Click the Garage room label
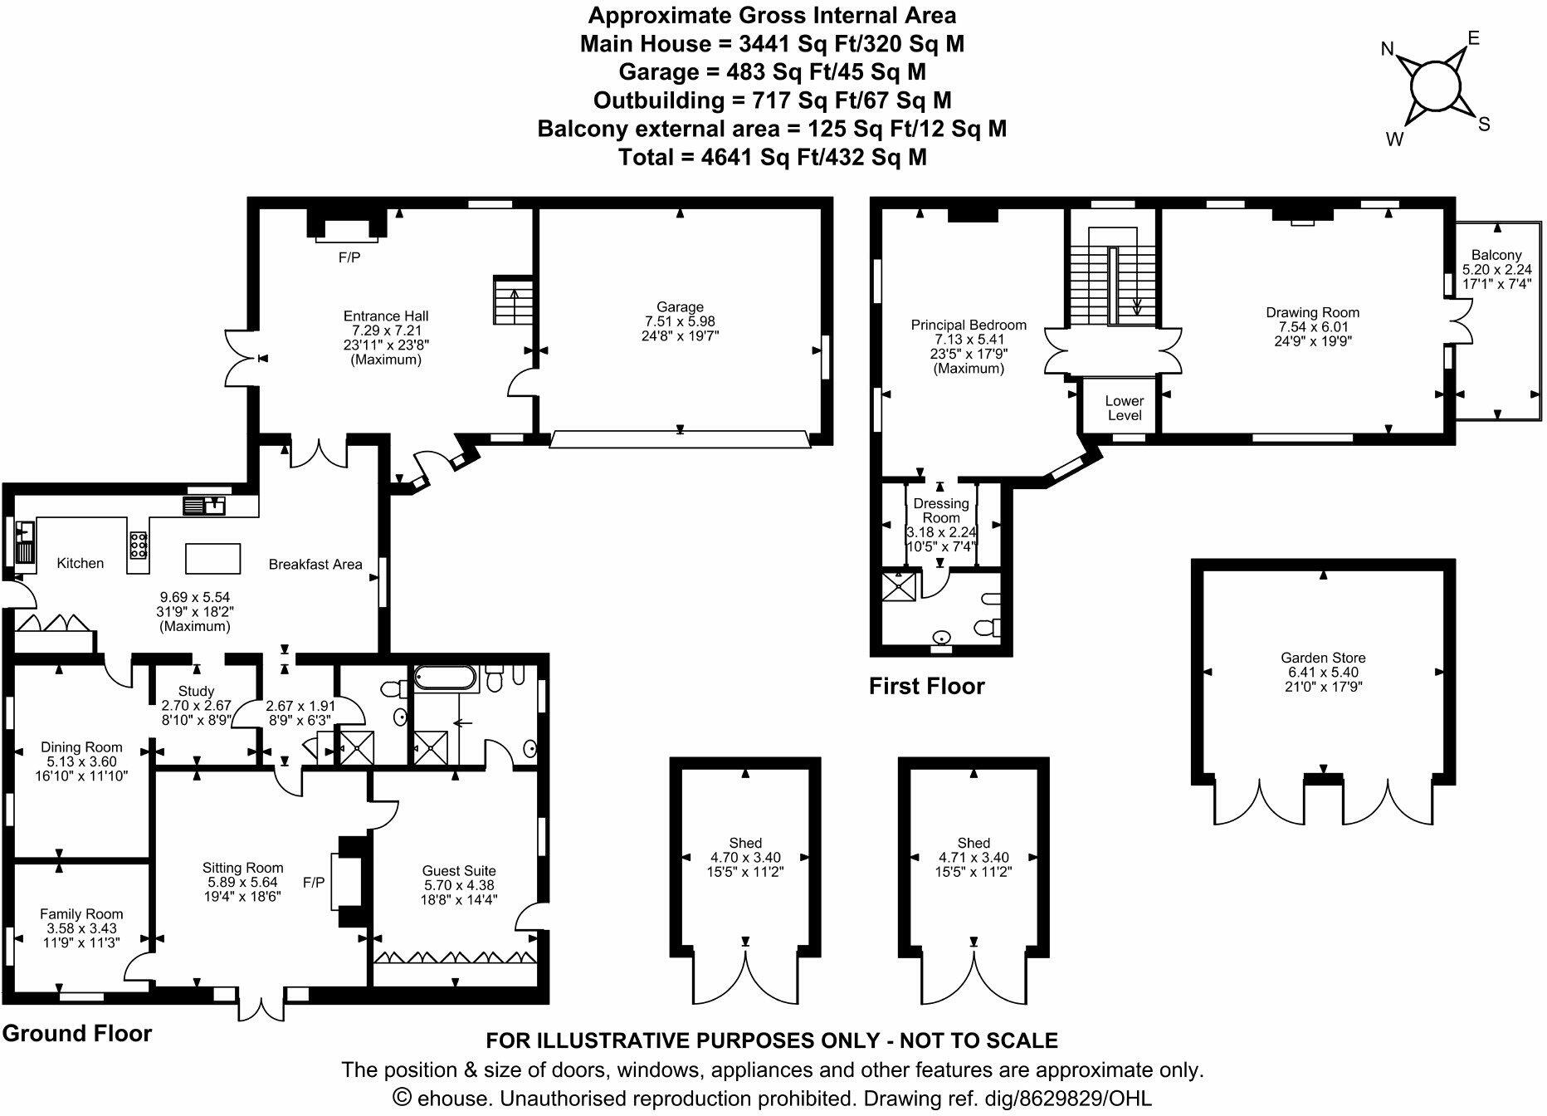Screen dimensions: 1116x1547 680,307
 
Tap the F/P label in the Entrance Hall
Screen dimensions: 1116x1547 349,258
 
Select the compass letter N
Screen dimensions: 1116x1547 1387,50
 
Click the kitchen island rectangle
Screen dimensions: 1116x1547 212,558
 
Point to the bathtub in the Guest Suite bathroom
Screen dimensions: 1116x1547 446,678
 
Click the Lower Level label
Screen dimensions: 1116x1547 1124,408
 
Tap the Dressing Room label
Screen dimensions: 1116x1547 940,510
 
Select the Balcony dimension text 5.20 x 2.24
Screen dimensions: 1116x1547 1496,270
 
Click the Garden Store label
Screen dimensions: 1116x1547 1323,658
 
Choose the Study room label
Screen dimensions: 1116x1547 196,691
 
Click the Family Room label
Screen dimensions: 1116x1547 81,914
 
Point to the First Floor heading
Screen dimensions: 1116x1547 926,686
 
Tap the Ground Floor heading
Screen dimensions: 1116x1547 77,1033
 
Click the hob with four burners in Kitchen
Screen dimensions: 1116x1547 139,544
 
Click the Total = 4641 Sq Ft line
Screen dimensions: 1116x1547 772,157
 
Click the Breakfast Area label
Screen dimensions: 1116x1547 315,565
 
